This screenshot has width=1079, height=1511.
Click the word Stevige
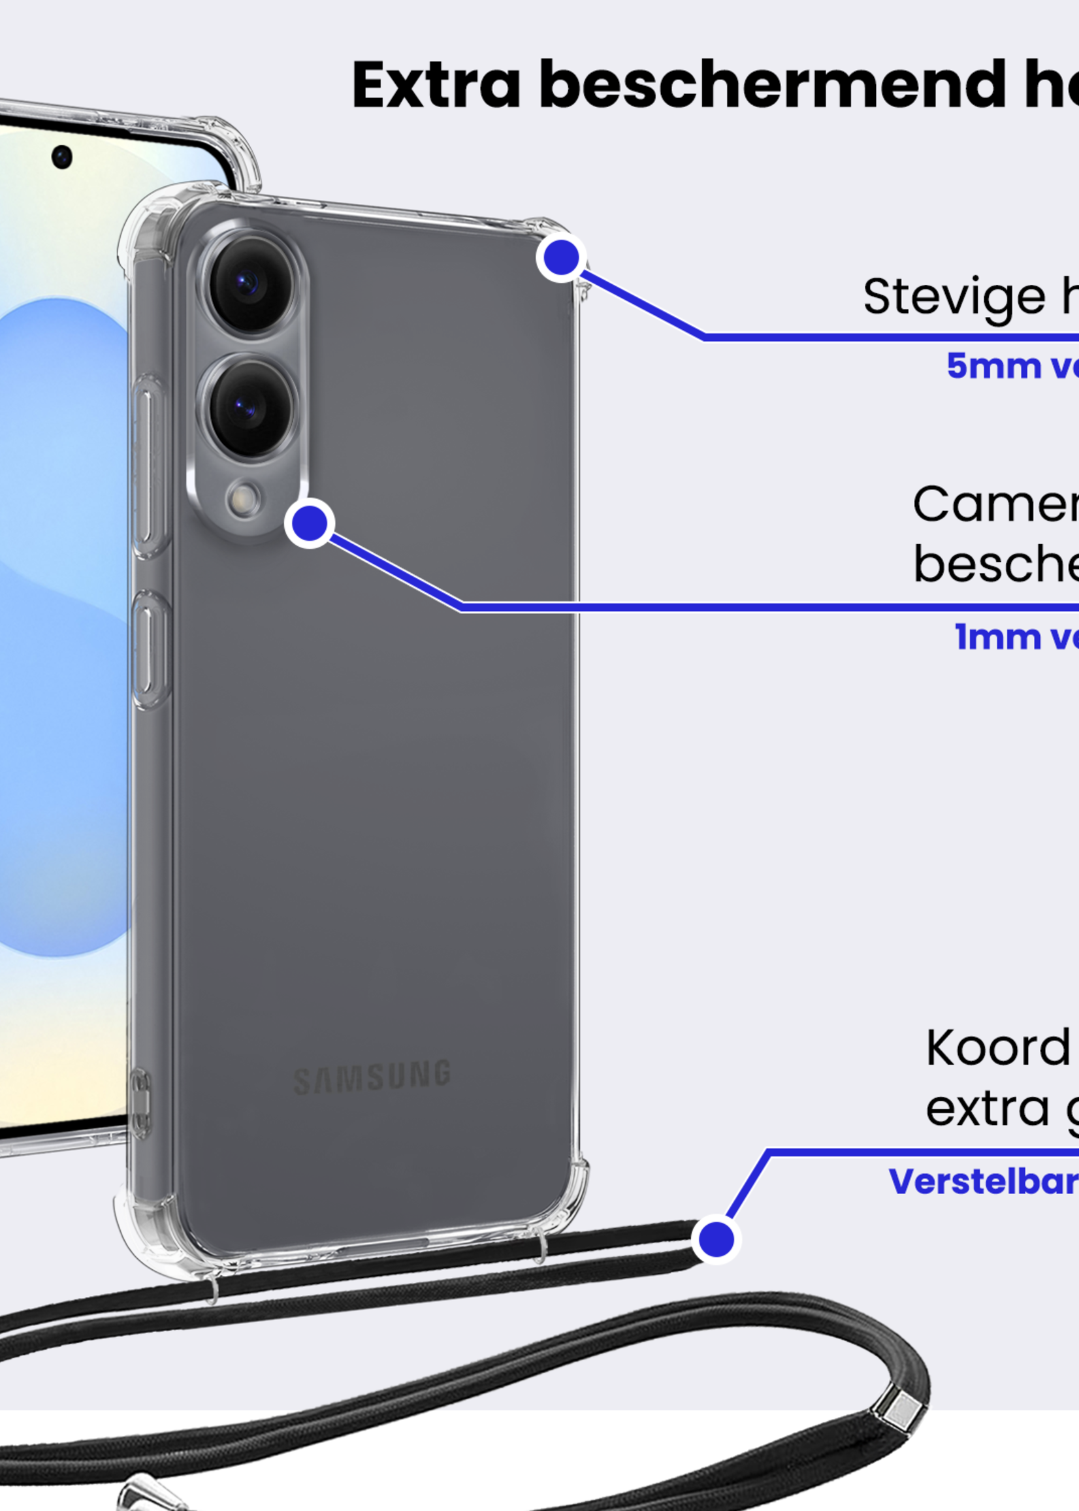(955, 297)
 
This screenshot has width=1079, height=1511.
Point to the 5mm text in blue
(984, 366)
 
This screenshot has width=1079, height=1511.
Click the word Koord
(997, 1048)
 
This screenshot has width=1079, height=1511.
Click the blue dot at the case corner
(562, 258)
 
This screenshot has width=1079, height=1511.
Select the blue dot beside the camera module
(310, 524)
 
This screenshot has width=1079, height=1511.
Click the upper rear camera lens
(248, 284)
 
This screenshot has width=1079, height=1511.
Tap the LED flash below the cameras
(244, 499)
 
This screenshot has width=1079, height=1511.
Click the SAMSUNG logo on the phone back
(372, 1077)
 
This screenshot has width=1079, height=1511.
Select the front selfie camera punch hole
(62, 157)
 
